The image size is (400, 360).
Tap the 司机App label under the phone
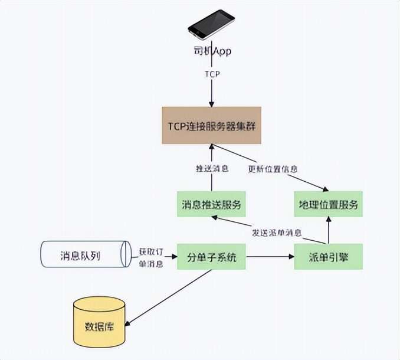click(x=212, y=52)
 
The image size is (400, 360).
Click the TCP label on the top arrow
click(x=212, y=74)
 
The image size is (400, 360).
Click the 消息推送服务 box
click(x=211, y=205)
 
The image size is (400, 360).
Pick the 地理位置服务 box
click(x=327, y=205)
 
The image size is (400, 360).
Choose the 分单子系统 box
click(x=211, y=257)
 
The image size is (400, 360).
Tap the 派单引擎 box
click(x=327, y=257)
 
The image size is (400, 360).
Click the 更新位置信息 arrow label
click(x=272, y=169)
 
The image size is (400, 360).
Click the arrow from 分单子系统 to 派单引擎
click(x=269, y=257)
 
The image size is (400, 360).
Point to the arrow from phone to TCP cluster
click(x=212, y=91)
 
